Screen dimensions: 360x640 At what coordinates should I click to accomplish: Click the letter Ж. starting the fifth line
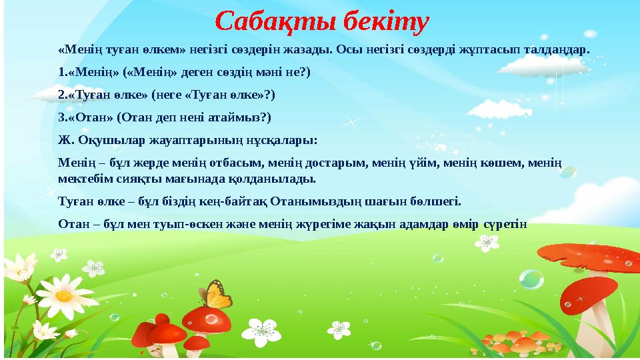[x=65, y=141]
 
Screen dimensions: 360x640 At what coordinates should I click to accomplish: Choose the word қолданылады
[x=277, y=179]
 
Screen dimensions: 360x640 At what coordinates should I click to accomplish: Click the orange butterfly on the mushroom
[x=214, y=294]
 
